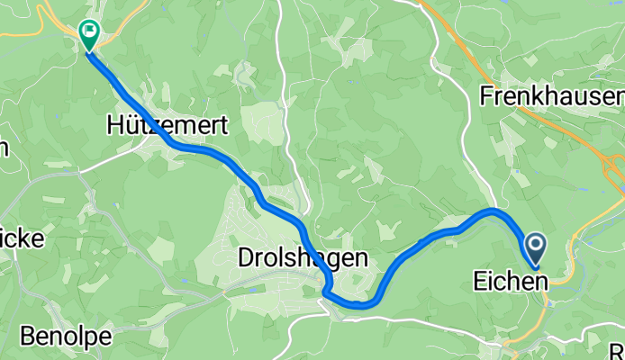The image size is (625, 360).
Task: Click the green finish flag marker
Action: click(x=89, y=35)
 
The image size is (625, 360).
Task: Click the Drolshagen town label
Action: click(x=303, y=258)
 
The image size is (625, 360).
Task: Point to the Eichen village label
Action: click(x=510, y=283)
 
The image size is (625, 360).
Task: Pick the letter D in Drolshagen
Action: click(x=246, y=258)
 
